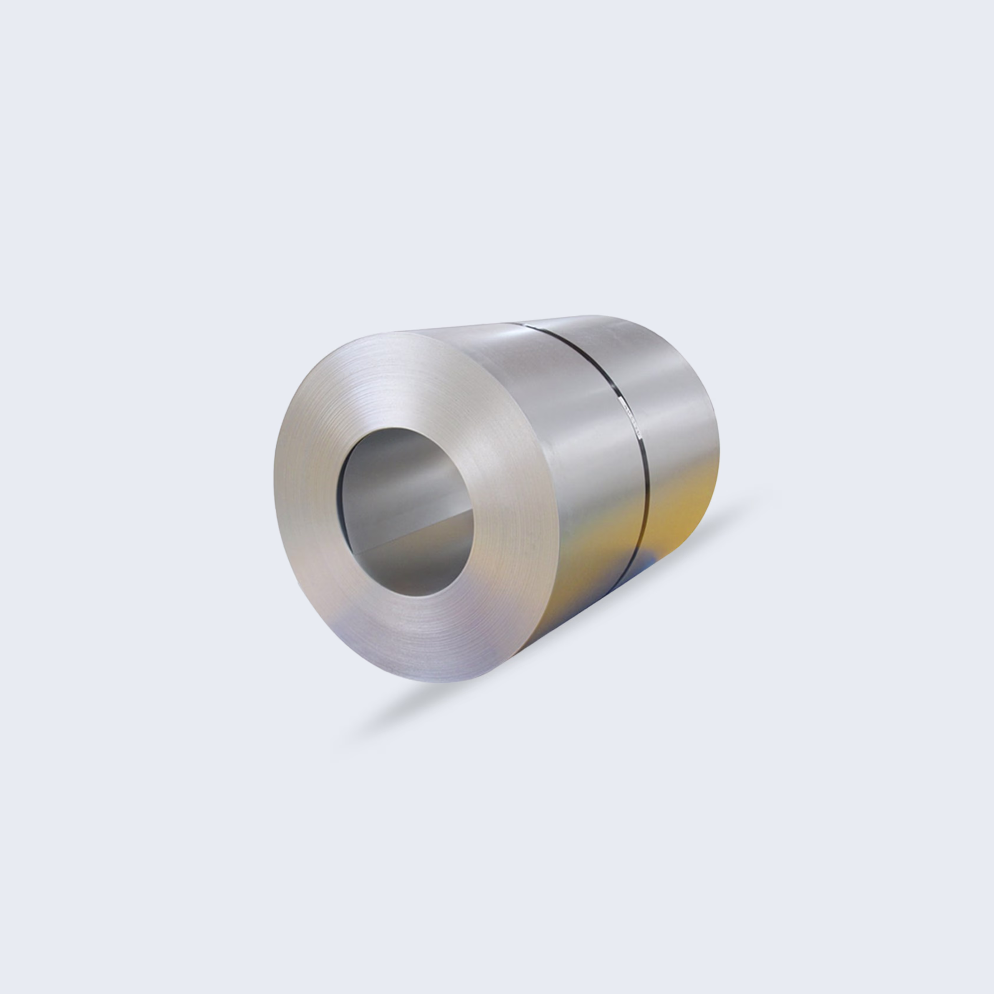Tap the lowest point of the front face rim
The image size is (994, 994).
pos(442,682)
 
